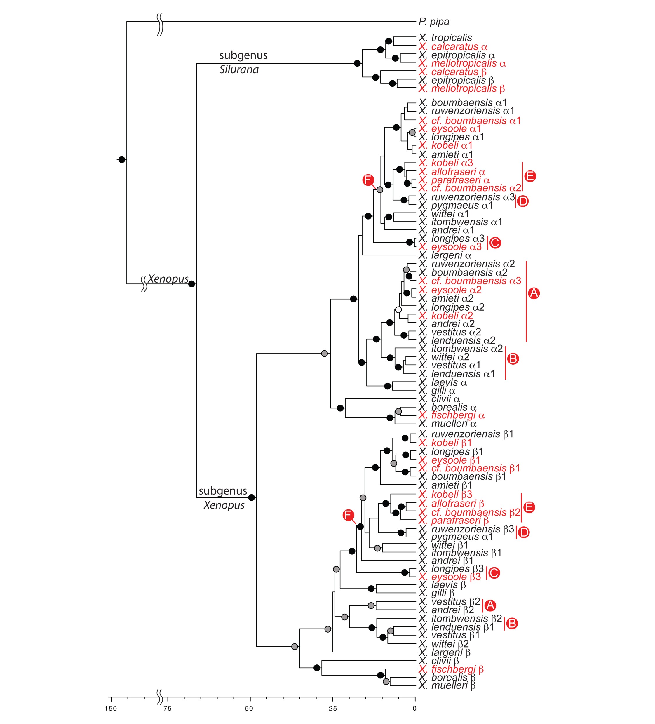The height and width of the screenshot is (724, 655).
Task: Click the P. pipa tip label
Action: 434,22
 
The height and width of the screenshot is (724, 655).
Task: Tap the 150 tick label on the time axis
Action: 111,709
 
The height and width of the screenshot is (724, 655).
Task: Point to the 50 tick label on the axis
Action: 249,709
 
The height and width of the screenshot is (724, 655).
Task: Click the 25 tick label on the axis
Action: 333,709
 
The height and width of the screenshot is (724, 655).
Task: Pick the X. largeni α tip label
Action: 445,255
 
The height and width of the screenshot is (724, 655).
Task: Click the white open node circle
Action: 398,309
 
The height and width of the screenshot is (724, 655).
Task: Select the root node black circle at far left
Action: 122,159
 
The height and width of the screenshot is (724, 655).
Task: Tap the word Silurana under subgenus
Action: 239,70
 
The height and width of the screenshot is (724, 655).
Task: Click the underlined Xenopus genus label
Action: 168,279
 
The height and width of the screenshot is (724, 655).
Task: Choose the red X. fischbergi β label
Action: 451,669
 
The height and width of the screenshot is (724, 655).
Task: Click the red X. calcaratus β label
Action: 452,72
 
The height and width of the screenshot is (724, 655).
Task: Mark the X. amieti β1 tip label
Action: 445,485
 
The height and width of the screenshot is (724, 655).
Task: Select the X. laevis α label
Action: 443,382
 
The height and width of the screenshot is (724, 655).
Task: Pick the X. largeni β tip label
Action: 445,652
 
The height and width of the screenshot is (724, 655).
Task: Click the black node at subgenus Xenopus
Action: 251,497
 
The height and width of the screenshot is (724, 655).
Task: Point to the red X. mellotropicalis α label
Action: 462,63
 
